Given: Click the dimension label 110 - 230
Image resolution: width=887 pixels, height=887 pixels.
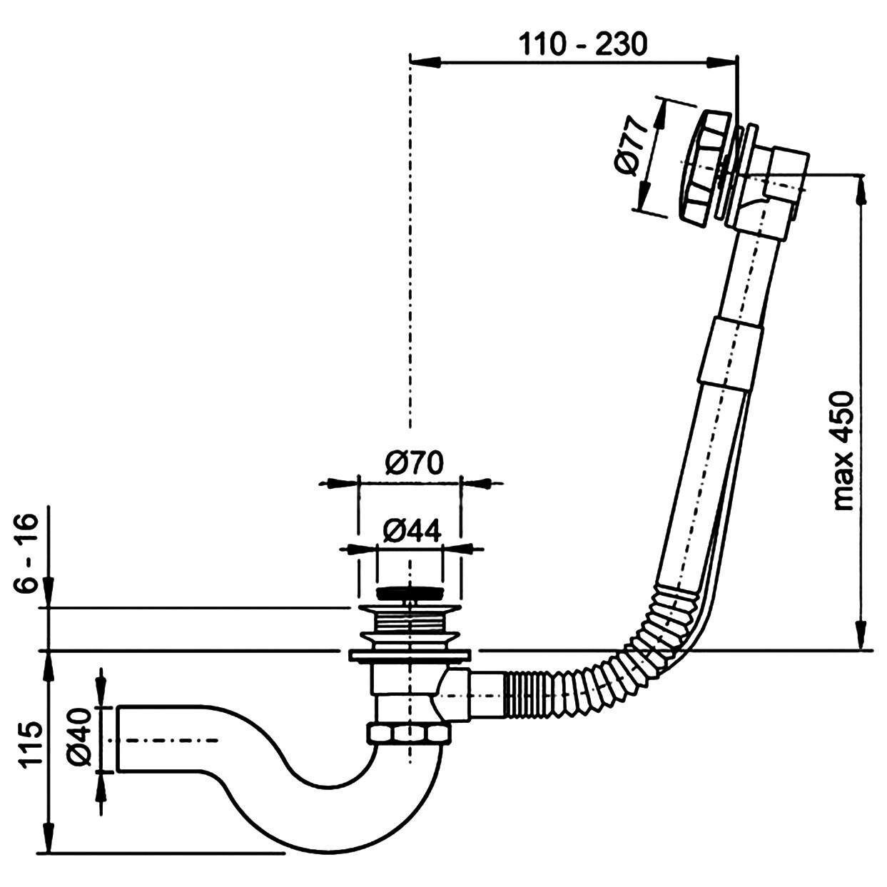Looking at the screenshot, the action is tap(583, 44).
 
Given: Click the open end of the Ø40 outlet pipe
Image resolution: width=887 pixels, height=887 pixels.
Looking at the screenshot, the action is tap(120, 739).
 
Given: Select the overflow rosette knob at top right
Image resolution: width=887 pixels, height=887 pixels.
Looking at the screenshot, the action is tap(701, 168).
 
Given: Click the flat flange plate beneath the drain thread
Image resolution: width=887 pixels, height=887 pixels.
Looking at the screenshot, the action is tap(410, 655).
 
